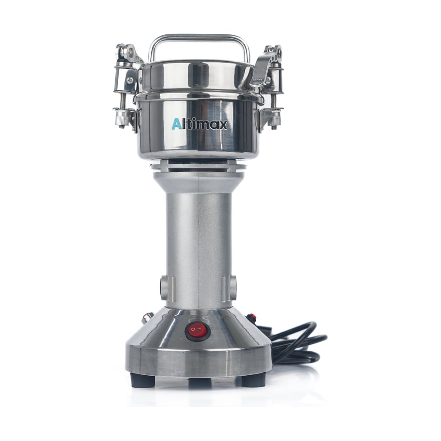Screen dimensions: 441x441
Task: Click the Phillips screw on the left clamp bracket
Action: [x=130, y=80]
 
